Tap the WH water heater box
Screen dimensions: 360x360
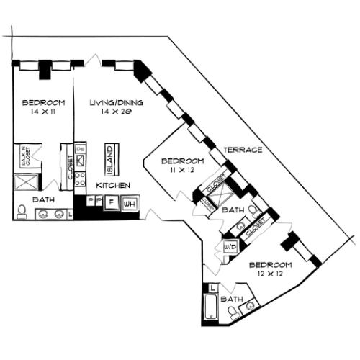(x=130, y=204)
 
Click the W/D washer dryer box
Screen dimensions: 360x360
(x=231, y=247)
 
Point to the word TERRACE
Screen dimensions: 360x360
(x=242, y=150)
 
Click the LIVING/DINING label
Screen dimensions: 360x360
(x=116, y=103)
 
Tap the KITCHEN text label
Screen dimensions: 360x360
(x=114, y=186)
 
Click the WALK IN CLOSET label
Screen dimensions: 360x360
(x=23, y=157)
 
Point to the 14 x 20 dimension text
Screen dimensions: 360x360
(x=116, y=112)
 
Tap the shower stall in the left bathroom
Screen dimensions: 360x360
(x=22, y=182)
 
